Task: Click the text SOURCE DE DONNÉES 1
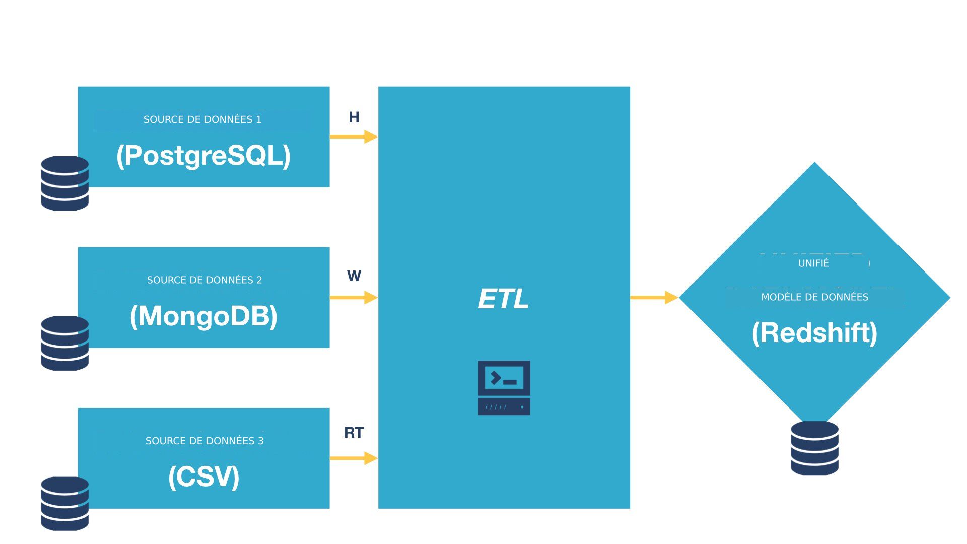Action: (202, 119)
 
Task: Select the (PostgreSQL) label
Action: (203, 155)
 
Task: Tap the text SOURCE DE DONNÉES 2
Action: (204, 280)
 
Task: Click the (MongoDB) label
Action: (203, 316)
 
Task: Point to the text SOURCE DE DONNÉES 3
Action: (204, 441)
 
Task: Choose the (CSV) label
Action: (203, 477)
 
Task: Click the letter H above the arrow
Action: (354, 117)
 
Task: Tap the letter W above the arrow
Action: (354, 276)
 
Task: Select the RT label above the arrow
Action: (354, 433)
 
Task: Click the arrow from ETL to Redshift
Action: (654, 298)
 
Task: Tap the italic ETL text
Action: (503, 299)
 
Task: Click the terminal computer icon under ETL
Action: (504, 388)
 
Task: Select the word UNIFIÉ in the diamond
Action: (813, 263)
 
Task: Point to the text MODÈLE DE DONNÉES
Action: (814, 297)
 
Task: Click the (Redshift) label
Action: (814, 333)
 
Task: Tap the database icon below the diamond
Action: (814, 448)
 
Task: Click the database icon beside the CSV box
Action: (64, 503)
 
